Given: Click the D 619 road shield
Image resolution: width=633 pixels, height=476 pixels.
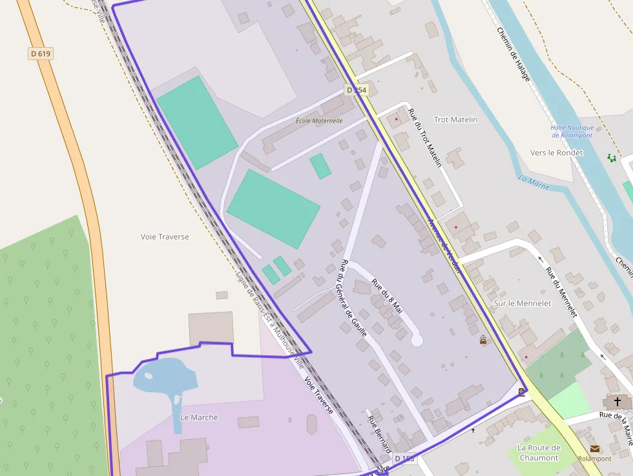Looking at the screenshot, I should click(x=40, y=54).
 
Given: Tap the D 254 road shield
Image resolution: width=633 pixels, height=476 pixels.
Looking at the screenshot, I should click(x=356, y=90).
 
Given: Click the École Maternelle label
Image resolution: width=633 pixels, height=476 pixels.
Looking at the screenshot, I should click(x=319, y=121).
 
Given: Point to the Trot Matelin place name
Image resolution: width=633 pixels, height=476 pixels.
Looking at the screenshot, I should click(x=456, y=119).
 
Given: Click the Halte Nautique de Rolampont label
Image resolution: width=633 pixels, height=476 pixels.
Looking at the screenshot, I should click(x=572, y=131).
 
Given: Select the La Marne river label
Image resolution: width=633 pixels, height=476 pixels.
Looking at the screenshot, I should click(x=534, y=183).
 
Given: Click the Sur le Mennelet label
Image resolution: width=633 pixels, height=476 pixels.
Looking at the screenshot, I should click(x=523, y=303).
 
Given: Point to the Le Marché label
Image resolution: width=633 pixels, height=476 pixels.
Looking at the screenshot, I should click(x=199, y=417).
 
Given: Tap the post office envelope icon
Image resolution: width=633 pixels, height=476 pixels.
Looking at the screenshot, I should click(x=594, y=448).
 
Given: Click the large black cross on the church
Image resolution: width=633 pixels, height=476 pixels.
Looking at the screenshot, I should click(x=617, y=402).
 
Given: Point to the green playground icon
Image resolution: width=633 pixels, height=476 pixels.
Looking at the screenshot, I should click(x=611, y=158).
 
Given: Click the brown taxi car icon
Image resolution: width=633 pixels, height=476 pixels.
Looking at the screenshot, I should click(x=483, y=340).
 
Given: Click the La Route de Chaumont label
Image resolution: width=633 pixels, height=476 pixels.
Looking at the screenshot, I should click(x=539, y=453).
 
